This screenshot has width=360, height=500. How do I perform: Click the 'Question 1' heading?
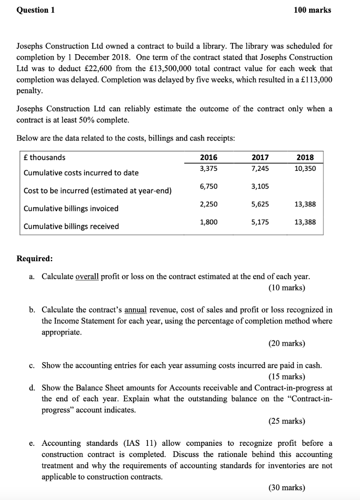coord(35,10)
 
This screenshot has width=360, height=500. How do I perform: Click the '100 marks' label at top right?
coord(312,10)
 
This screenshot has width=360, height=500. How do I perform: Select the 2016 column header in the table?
coord(209,157)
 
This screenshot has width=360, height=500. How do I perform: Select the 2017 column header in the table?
coord(259,157)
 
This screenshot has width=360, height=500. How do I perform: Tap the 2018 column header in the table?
coord(305,157)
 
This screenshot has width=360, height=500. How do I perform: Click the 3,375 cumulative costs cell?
coord(209,168)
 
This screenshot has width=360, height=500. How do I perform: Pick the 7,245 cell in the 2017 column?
coord(259,168)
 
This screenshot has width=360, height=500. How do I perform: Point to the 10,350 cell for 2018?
coord(305,168)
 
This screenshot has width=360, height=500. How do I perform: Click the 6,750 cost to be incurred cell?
coord(209,187)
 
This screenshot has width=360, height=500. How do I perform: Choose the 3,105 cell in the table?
coord(259,187)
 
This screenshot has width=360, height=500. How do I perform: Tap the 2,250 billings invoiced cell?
coord(209,204)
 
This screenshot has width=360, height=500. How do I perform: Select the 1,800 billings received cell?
coord(209,222)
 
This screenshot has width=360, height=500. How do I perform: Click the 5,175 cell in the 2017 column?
coord(259,222)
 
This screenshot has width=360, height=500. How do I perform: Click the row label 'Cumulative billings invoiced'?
coord(71,208)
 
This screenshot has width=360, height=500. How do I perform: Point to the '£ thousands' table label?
coord(44,157)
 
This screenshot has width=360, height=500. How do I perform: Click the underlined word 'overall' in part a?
coord(87,276)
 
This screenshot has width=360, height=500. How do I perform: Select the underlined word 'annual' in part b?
coord(136,310)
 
